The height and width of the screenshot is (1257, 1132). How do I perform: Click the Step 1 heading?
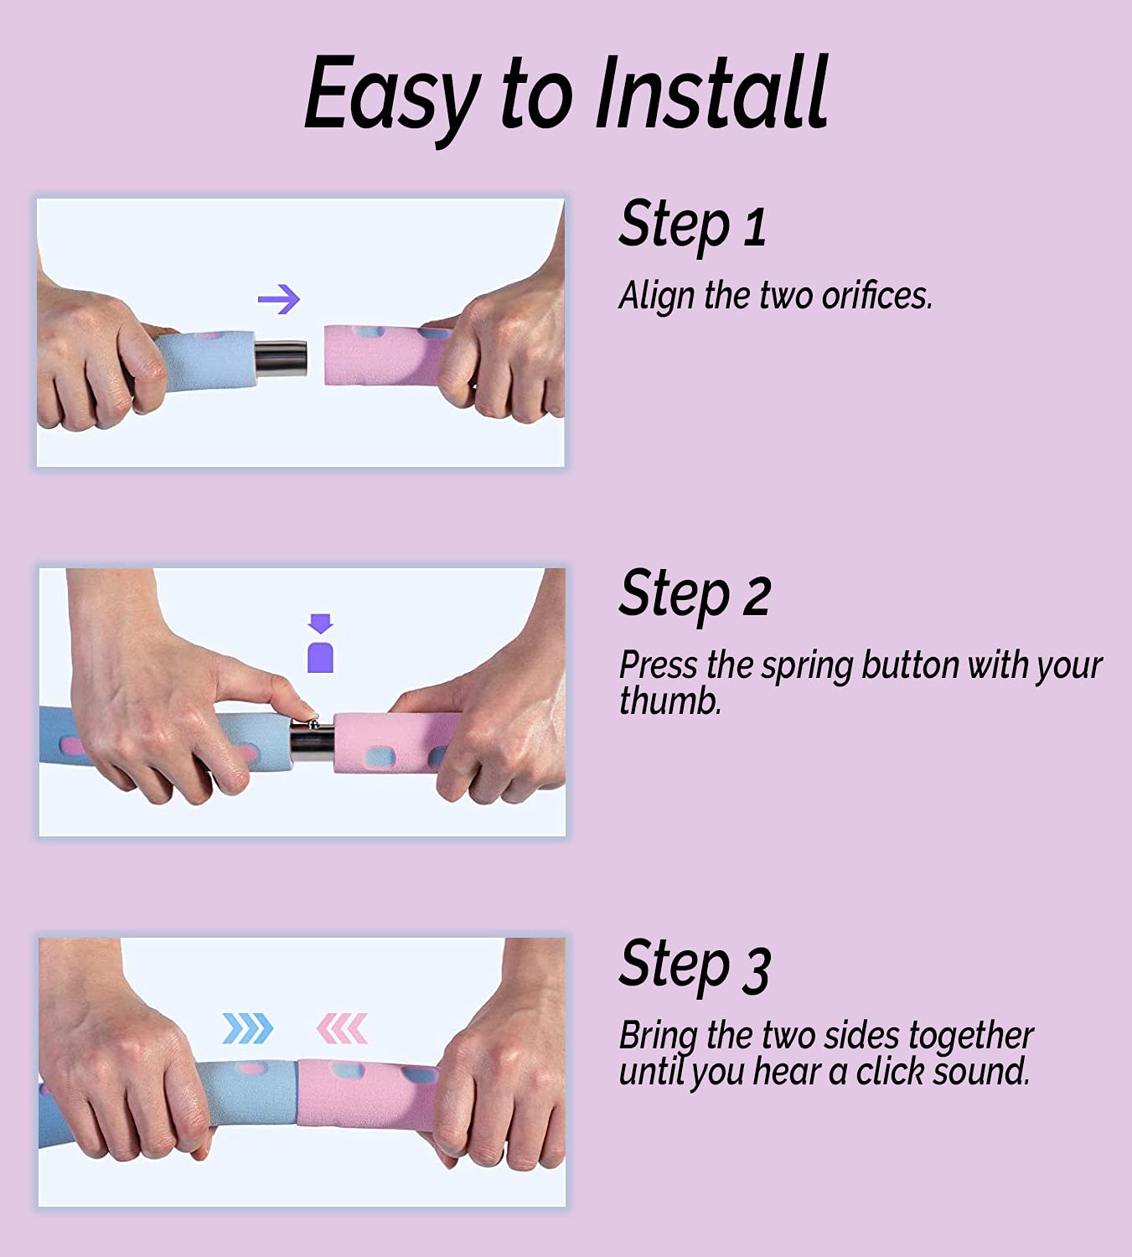pyautogui.click(x=693, y=226)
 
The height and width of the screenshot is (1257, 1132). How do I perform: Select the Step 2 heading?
pyautogui.click(x=695, y=596)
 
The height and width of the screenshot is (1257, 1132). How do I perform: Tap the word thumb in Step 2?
pyautogui.click(x=670, y=701)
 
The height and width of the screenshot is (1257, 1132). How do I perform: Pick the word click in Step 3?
pyautogui.click(x=890, y=1072)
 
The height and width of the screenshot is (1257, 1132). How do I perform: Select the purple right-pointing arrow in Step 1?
pyautogui.click(x=279, y=299)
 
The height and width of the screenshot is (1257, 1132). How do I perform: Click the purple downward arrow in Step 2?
pyautogui.click(x=320, y=623)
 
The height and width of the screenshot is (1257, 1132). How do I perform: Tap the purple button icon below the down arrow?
pyautogui.click(x=320, y=657)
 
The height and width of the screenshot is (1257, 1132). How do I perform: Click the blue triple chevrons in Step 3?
pyautogui.click(x=247, y=1028)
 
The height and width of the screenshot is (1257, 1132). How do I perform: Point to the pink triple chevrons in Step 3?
pyautogui.click(x=342, y=1028)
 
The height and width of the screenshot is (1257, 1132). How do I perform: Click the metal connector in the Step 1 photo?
pyautogui.click(x=281, y=359)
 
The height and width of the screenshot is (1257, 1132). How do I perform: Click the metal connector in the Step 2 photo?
pyautogui.click(x=313, y=741)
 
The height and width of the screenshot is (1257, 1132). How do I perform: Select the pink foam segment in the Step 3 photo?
pyautogui.click(x=367, y=1094)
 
